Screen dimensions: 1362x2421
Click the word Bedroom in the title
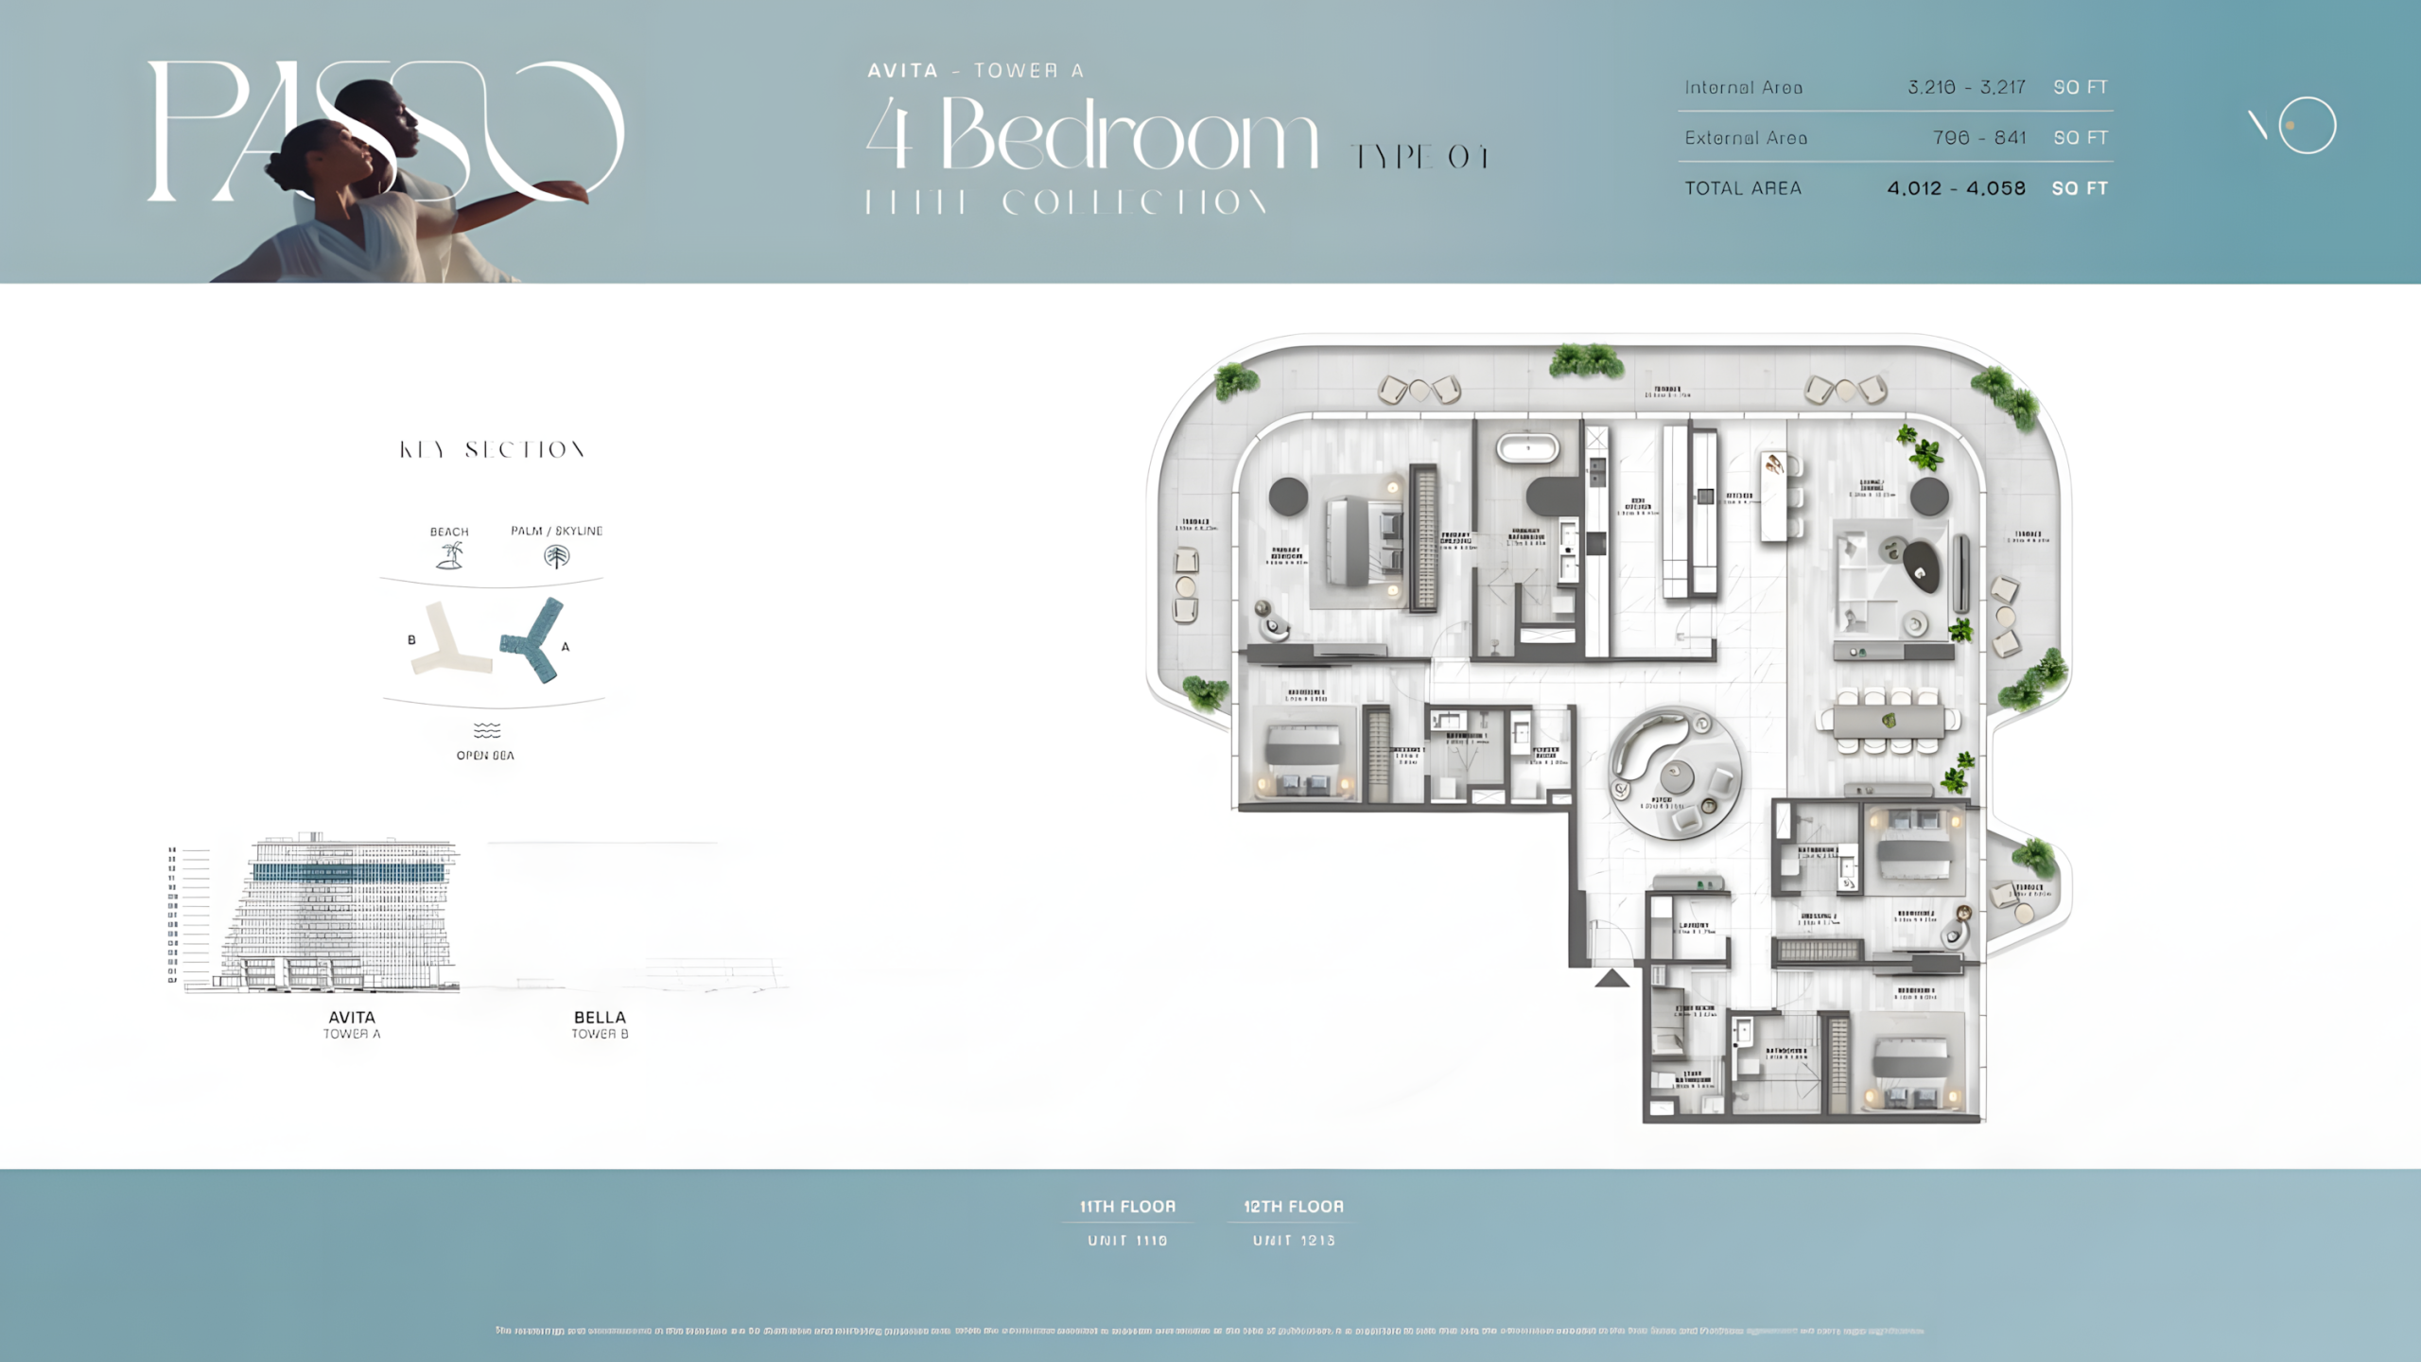pyautogui.click(x=1129, y=137)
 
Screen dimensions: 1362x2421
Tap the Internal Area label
pyautogui.click(x=1743, y=88)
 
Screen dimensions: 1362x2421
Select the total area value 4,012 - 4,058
pyautogui.click(x=1956, y=188)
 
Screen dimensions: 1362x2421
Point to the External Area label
pyautogui.click(x=1746, y=138)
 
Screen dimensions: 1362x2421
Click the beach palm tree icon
pyautogui.click(x=449, y=556)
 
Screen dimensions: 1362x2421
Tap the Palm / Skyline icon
pyautogui.click(x=556, y=556)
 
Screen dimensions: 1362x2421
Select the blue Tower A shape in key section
pyautogui.click(x=535, y=641)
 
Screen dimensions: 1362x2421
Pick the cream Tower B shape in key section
pyautogui.click(x=445, y=643)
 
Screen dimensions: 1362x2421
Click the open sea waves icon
pyautogui.click(x=486, y=730)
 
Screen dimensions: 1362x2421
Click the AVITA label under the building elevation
pyautogui.click(x=352, y=1018)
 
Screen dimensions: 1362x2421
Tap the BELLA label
pyautogui.click(x=600, y=1018)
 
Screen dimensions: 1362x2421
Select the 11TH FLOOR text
pyautogui.click(x=1127, y=1207)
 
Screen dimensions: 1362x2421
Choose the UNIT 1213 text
pyautogui.click(x=1294, y=1240)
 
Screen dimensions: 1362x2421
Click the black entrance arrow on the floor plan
pyautogui.click(x=1612, y=978)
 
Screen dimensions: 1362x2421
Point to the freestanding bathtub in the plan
pyautogui.click(x=1527, y=447)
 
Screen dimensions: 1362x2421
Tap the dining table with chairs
pyautogui.click(x=1890, y=722)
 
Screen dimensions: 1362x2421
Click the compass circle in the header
pyautogui.click(x=2307, y=125)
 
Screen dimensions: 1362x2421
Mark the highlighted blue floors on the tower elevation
pyautogui.click(x=349, y=872)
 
